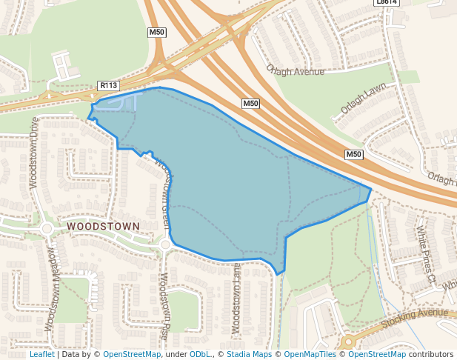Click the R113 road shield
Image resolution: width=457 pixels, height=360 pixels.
[108, 87]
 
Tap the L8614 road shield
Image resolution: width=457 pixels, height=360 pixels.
[387, 2]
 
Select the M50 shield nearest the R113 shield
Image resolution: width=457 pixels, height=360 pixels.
[156, 33]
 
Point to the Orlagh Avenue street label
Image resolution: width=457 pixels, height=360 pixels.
[295, 71]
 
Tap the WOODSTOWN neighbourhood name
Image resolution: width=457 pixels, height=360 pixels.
[103, 225]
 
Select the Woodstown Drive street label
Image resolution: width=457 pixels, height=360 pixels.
[34, 152]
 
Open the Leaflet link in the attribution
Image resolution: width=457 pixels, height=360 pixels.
[41, 354]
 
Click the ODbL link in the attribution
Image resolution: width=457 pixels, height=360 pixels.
[200, 354]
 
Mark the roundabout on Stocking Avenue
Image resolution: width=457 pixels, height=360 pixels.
[347, 342]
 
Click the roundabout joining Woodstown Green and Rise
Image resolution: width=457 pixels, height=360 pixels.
[165, 244]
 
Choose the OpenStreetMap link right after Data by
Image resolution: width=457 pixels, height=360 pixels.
[132, 354]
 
